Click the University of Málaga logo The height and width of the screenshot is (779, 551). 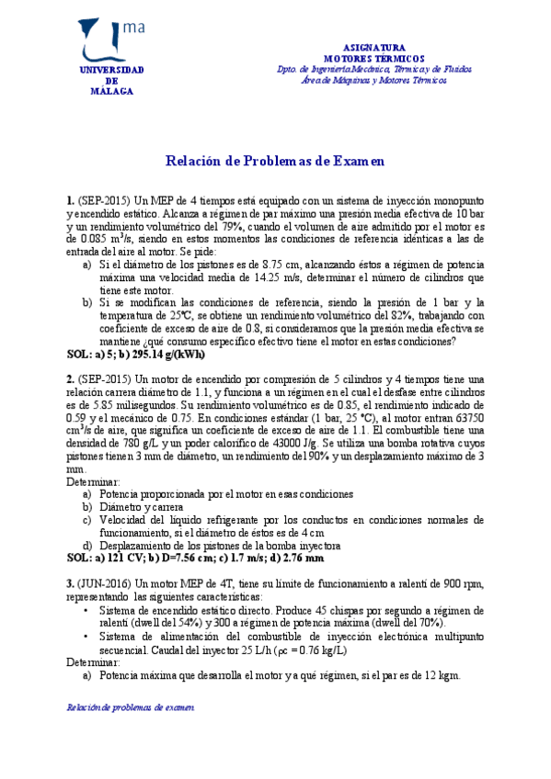click(x=109, y=41)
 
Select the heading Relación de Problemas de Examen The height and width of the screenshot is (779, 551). click(x=274, y=162)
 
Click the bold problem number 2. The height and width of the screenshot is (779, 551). click(x=70, y=379)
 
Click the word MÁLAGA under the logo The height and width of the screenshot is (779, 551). click(x=111, y=91)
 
